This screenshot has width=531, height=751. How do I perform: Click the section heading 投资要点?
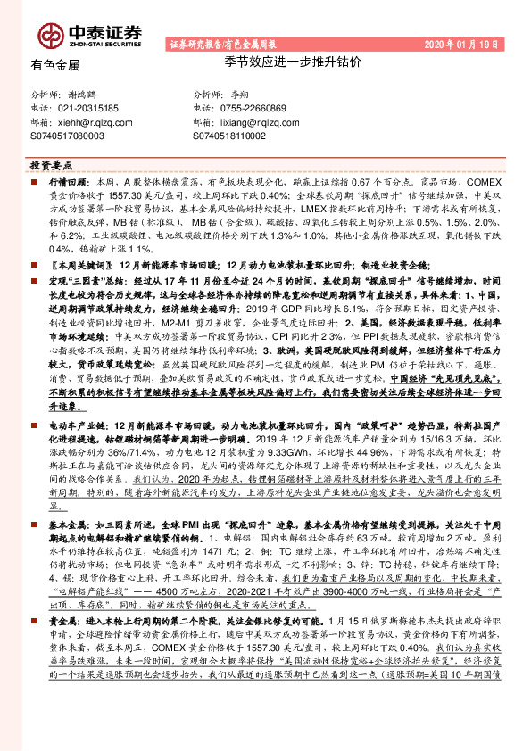point(50,166)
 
